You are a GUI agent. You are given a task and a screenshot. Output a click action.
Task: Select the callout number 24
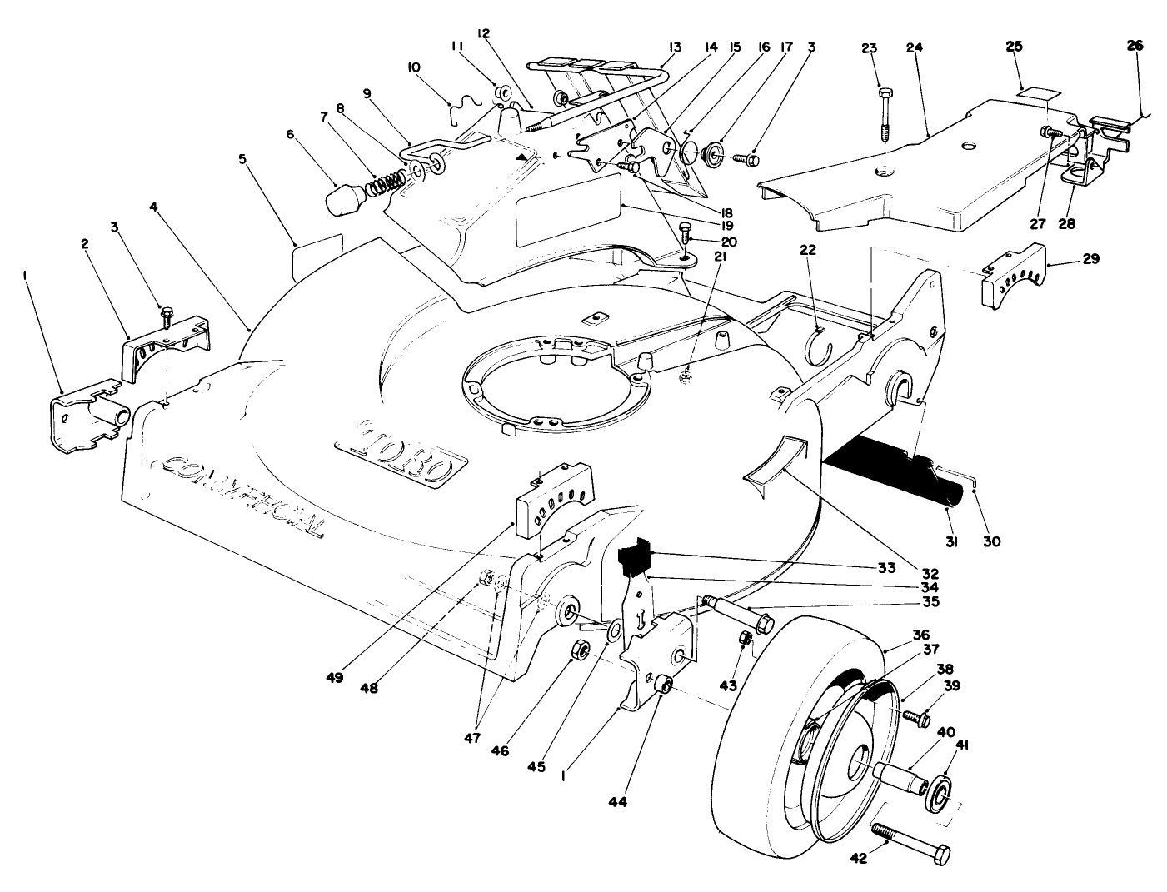(x=914, y=48)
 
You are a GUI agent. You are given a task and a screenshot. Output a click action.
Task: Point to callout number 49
(x=334, y=679)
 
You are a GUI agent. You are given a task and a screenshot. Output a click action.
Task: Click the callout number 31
(x=952, y=541)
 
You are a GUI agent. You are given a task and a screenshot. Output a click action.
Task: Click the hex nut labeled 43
(x=746, y=638)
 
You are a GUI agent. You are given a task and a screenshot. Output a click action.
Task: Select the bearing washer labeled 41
(x=939, y=794)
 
